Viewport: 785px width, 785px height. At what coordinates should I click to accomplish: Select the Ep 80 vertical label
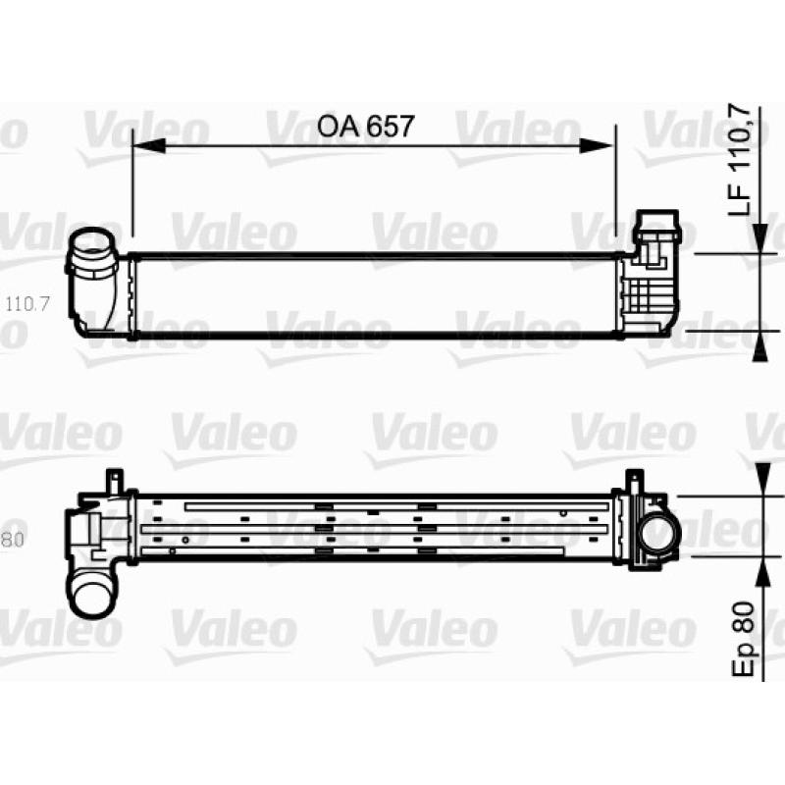pos(744,640)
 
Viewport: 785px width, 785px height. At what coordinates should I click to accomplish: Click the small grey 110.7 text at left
pos(27,304)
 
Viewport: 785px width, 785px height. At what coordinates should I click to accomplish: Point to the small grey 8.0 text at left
pos(13,541)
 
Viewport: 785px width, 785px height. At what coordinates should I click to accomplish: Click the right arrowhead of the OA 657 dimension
pos(596,145)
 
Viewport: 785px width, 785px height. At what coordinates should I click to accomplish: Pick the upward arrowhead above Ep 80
pos(761,571)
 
